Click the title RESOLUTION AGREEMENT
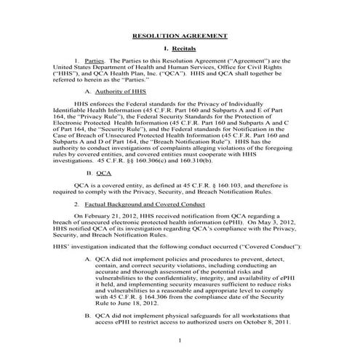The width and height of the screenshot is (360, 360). (180, 35)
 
